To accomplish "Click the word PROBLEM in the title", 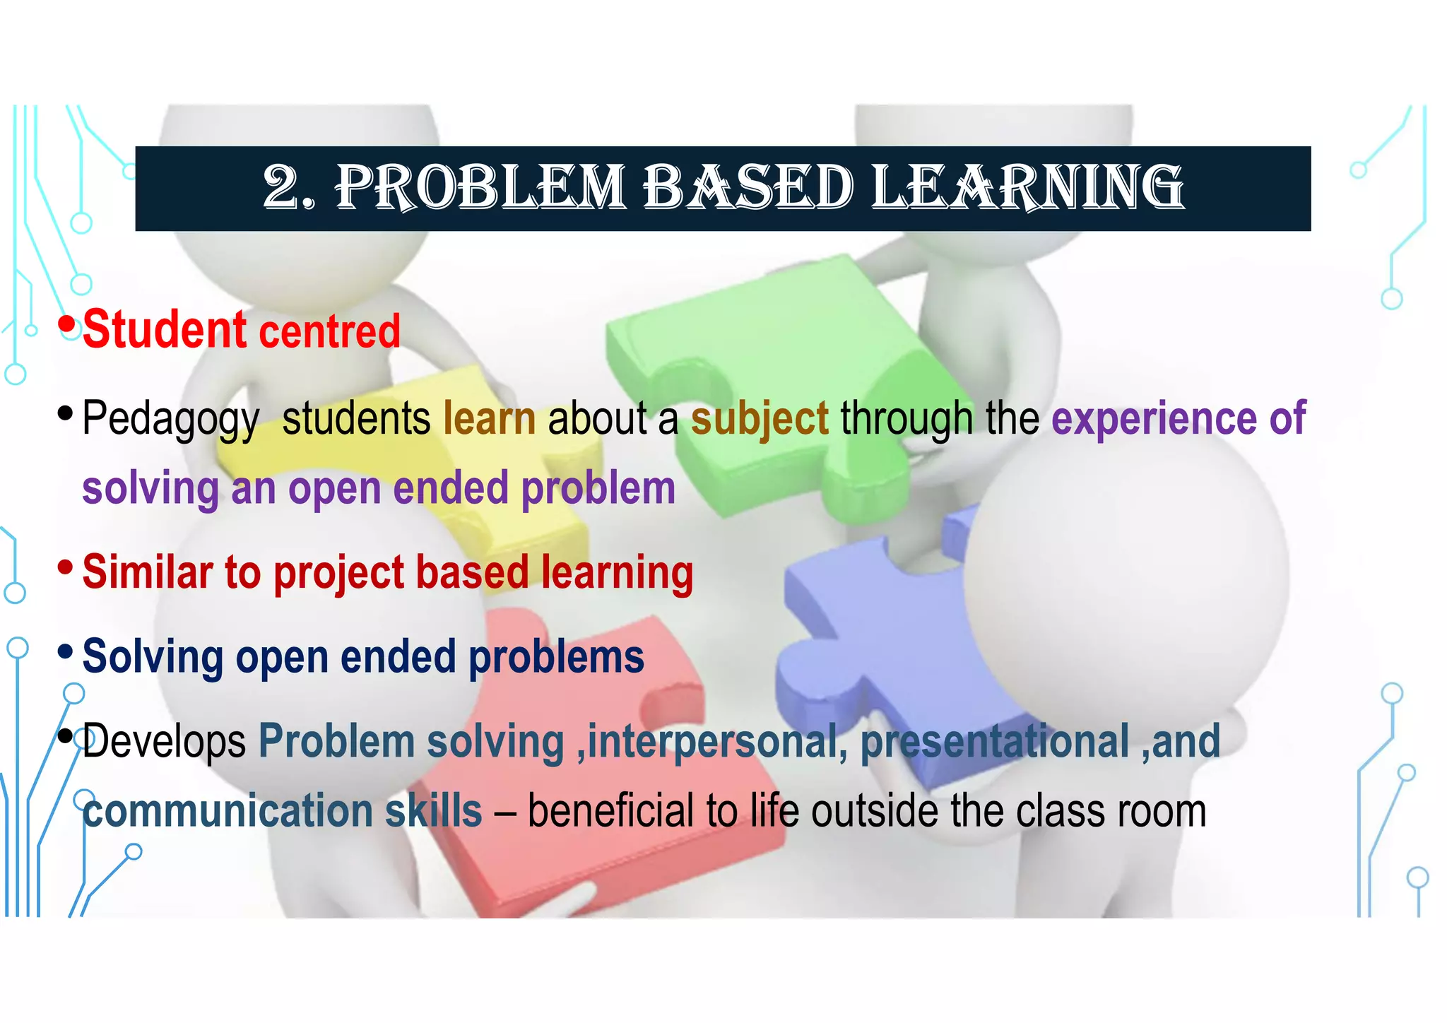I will point(480,188).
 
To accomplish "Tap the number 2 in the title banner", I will point(281,188).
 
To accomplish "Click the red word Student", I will point(165,331).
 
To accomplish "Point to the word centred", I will point(330,332).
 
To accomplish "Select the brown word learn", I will point(490,418).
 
